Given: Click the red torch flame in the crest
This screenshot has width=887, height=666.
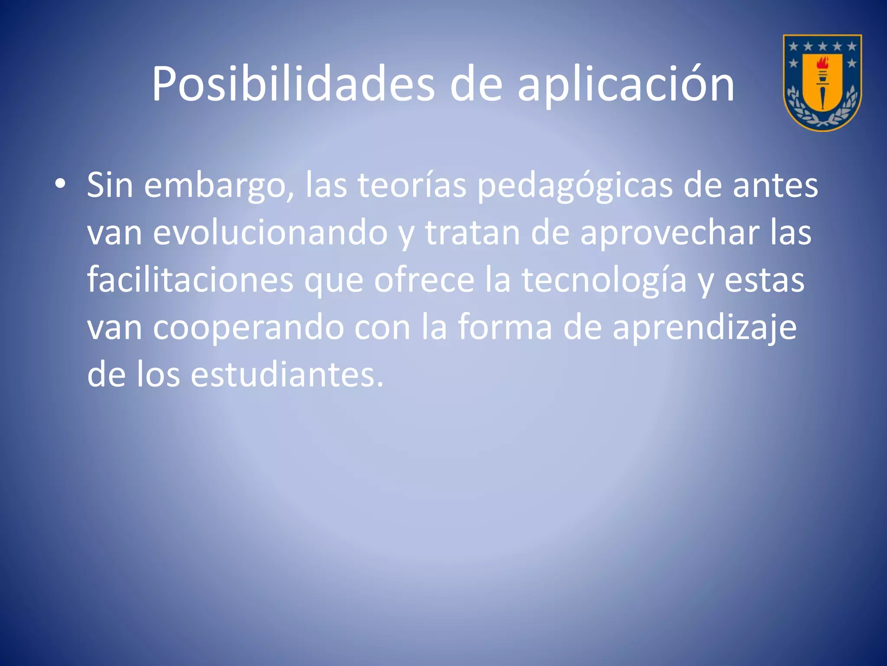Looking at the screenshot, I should click(x=822, y=64).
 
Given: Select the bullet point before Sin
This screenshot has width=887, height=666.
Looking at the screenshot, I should click(x=61, y=184).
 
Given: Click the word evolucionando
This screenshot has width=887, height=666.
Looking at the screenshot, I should click(x=270, y=233).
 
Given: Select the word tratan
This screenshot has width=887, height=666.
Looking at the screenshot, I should click(x=473, y=233).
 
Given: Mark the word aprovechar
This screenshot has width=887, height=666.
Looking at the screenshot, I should click(x=670, y=233).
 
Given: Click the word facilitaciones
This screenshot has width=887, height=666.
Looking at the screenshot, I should click(x=191, y=280).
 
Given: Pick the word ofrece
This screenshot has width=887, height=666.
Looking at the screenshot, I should click(x=424, y=280).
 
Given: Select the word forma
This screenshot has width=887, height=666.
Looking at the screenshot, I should click(x=505, y=327).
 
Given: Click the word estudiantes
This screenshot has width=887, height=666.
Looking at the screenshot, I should click(x=287, y=374).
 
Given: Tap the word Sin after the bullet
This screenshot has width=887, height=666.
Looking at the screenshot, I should click(x=110, y=185).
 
